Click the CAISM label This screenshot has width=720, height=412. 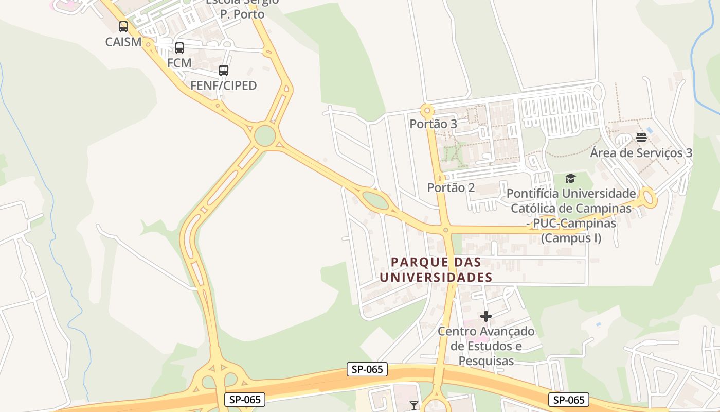[123, 42]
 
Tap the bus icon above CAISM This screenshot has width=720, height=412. [123, 27]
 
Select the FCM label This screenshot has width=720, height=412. [179, 63]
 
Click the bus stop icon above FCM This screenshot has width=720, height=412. [179, 48]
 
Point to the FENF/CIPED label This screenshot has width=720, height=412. [223, 85]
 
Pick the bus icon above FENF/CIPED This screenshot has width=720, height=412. [224, 71]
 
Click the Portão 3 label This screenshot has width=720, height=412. [433, 124]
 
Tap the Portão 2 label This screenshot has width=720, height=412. [451, 187]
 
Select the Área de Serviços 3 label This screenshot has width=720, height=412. [641, 153]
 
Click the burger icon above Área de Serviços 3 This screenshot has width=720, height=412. [641, 138]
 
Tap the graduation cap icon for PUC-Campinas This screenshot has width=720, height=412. [570, 179]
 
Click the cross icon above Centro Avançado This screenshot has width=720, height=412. [486, 316]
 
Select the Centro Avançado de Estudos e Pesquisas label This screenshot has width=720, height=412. [486, 346]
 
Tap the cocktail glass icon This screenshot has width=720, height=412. [414, 406]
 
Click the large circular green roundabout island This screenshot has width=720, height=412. [265, 136]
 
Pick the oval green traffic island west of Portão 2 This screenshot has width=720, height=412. [375, 200]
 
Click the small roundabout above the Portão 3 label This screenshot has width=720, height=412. [426, 110]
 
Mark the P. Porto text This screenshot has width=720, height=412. [242, 14]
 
